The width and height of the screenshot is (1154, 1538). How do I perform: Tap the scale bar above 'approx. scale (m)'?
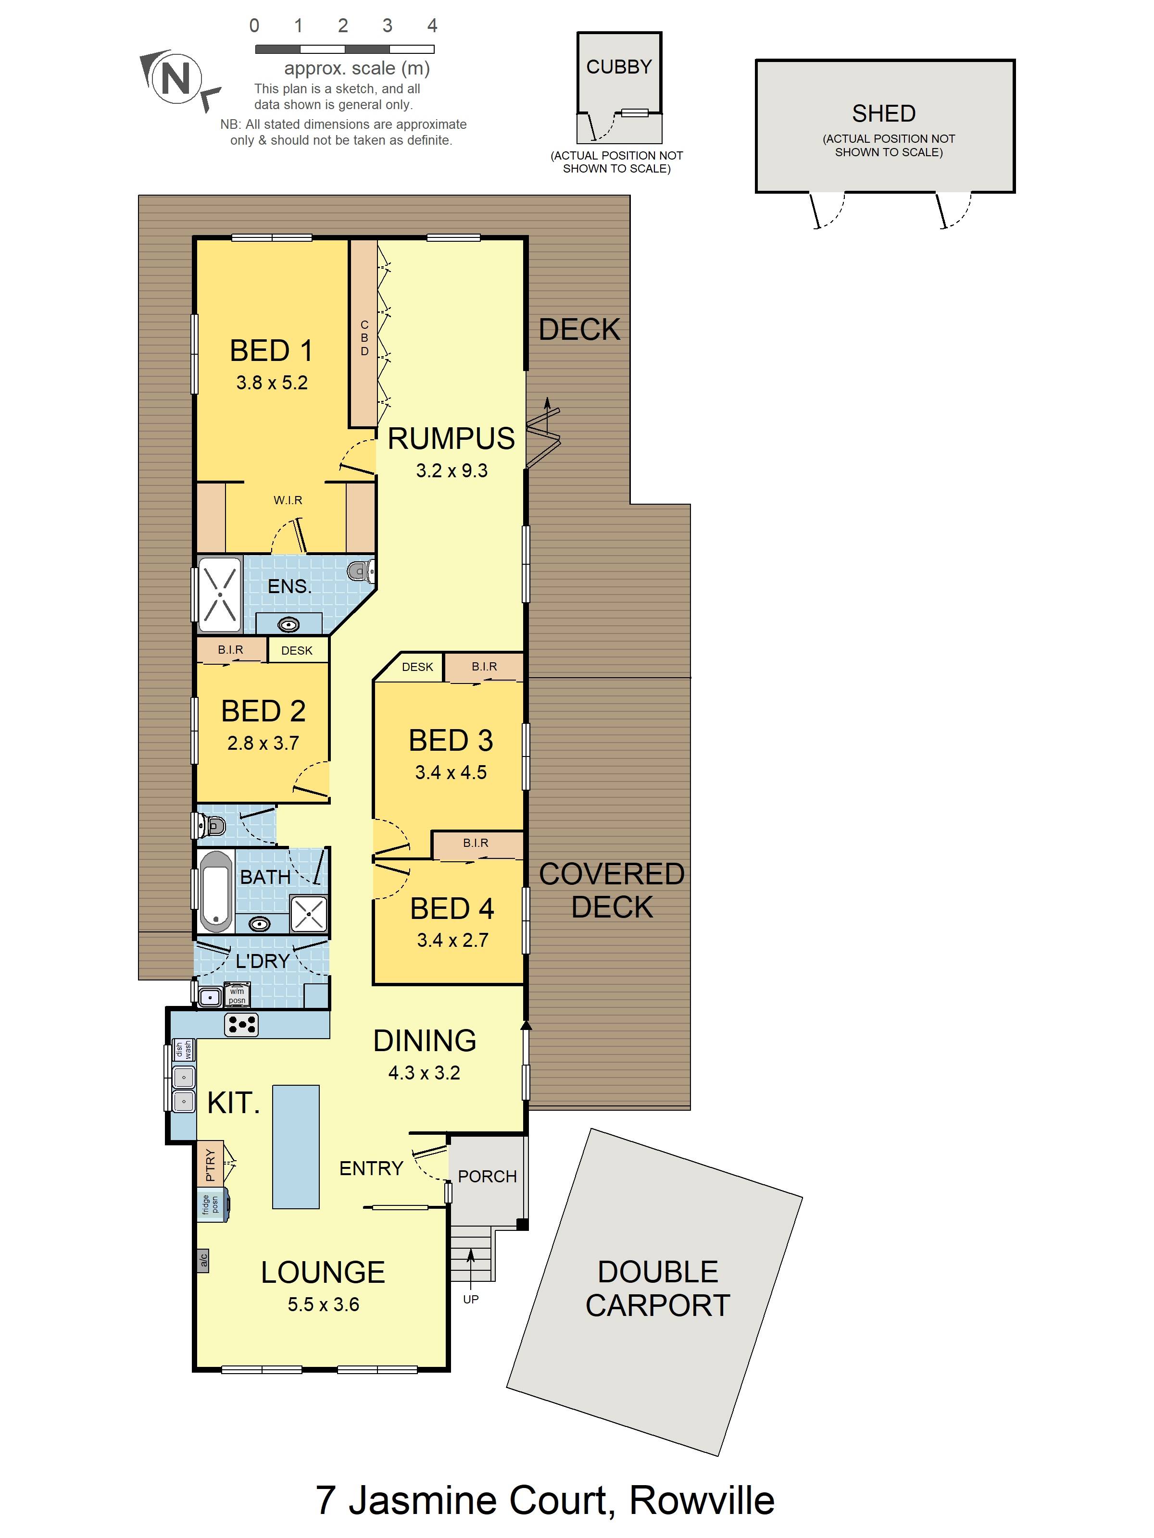point(344,50)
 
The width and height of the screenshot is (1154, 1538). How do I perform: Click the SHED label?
point(883,113)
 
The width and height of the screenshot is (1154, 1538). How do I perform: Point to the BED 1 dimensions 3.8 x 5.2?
point(272,383)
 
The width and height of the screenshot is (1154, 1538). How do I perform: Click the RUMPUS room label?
point(452,439)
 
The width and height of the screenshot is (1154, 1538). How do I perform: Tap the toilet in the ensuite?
point(362,571)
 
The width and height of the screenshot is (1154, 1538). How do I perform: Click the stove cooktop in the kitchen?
point(241,1024)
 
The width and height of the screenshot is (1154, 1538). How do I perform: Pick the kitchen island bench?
point(296,1147)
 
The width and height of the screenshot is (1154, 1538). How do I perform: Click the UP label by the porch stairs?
point(471,1299)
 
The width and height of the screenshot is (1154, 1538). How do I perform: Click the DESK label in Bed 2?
point(297,651)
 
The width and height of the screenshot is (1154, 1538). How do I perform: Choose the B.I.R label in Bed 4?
point(476,843)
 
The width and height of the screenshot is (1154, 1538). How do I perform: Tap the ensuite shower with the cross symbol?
point(220,595)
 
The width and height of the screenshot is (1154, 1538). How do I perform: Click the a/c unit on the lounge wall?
point(203,1261)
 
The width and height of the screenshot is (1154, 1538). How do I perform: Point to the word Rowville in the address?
point(702,1501)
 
